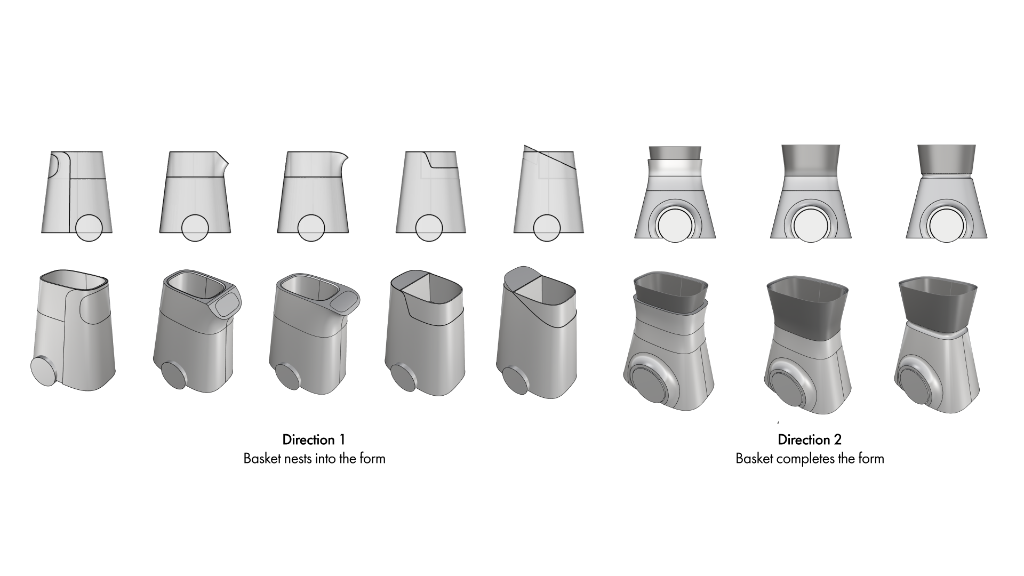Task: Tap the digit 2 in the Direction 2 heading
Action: [x=837, y=440]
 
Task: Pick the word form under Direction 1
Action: [x=372, y=459]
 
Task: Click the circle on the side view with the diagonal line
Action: [x=547, y=228]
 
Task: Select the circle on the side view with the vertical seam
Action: [x=89, y=228]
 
